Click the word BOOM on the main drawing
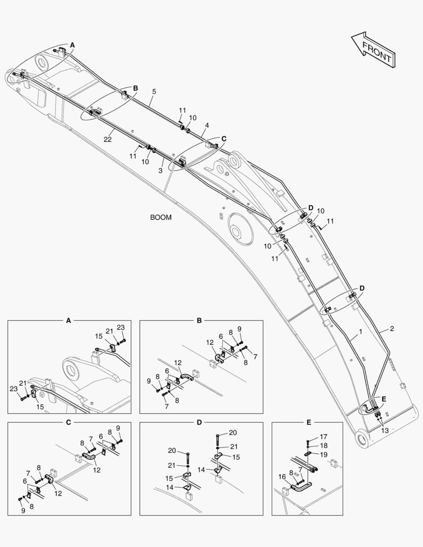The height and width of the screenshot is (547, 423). pyautogui.click(x=161, y=217)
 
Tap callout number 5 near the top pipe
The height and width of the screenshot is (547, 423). pyautogui.click(x=154, y=92)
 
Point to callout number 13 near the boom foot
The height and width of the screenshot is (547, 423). pyautogui.click(x=385, y=431)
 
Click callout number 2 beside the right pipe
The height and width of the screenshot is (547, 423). pyautogui.click(x=392, y=329)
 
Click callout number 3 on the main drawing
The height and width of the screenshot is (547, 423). pyautogui.click(x=160, y=171)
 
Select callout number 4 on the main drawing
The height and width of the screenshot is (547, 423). pyautogui.click(x=207, y=125)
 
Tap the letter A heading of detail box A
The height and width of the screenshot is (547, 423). pyautogui.click(x=69, y=320)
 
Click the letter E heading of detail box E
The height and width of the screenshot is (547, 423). pyautogui.click(x=309, y=421)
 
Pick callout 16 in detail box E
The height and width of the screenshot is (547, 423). pyautogui.click(x=282, y=477)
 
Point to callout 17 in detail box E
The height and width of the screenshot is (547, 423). pyautogui.click(x=323, y=436)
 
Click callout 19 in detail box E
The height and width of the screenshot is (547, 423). pyautogui.click(x=323, y=454)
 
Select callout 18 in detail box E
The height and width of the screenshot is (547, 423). pyautogui.click(x=323, y=445)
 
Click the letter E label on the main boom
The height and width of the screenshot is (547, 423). pyautogui.click(x=383, y=399)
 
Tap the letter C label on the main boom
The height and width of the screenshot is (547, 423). pyautogui.click(x=224, y=138)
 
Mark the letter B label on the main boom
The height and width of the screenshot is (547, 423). pyautogui.click(x=135, y=88)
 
